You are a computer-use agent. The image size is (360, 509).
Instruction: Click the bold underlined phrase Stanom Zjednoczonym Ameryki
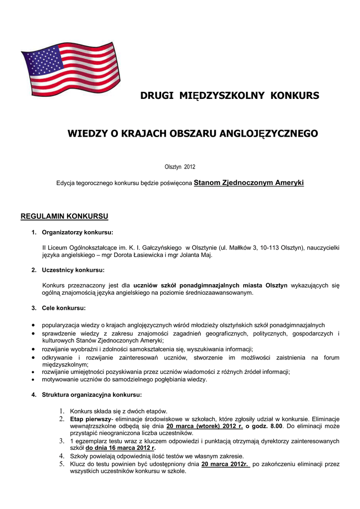249,183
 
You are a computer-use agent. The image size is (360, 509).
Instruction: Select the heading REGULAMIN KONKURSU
64,216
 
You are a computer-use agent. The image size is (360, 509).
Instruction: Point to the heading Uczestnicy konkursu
73,270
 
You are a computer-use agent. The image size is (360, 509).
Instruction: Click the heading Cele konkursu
64,308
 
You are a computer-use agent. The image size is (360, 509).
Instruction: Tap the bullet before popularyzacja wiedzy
32,325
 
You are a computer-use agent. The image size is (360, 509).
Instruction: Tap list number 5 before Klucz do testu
63,464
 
